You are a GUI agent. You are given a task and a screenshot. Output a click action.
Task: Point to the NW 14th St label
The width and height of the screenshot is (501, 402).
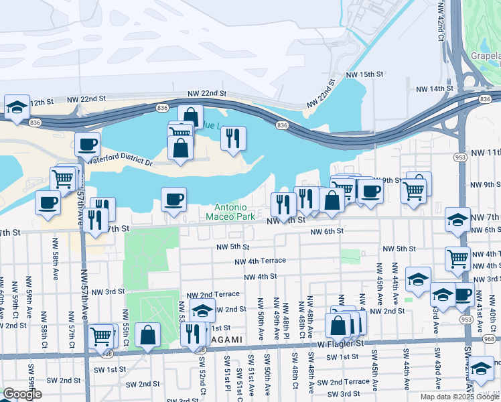coord(434,88)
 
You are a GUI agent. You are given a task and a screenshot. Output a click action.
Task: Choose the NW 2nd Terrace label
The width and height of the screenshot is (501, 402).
coord(213,294)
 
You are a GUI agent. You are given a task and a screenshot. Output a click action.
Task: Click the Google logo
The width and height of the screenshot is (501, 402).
coord(22,394)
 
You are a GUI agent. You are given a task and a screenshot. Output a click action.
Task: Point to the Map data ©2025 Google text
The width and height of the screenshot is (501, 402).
coord(459,397)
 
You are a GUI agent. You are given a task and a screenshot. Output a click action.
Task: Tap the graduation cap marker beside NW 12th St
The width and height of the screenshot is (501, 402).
coord(17,107)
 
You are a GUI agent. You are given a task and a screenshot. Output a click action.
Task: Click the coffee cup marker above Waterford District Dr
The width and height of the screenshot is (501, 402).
coord(87,144)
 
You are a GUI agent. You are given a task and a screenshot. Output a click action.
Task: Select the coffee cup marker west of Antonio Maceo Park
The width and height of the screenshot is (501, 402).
coord(173,200)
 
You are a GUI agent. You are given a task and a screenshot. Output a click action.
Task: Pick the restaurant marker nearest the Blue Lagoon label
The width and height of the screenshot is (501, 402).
coord(232,139)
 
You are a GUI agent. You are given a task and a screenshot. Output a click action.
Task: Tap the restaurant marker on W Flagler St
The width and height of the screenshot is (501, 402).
coord(193,333)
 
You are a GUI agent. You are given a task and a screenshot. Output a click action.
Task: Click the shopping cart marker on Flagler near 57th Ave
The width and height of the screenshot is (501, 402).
coord(101,336)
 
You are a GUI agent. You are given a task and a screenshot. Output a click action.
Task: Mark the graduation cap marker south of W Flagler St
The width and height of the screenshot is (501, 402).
coord(481,368)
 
